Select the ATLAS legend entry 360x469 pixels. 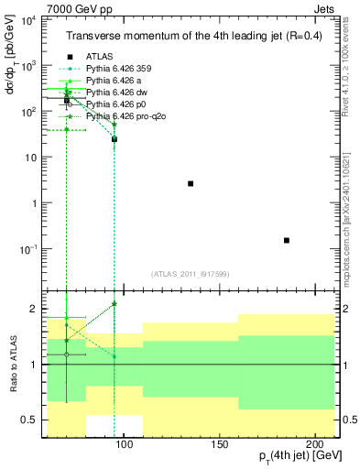(x=100, y=57)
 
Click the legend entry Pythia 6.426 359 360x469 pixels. (x=123, y=69)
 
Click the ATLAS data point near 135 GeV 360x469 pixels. (x=191, y=183)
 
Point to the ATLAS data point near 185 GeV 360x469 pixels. (x=287, y=240)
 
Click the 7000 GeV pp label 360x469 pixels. (x=72, y=7)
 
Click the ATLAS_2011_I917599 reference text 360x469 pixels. (x=191, y=274)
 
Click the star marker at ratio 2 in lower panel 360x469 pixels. (x=115, y=303)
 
